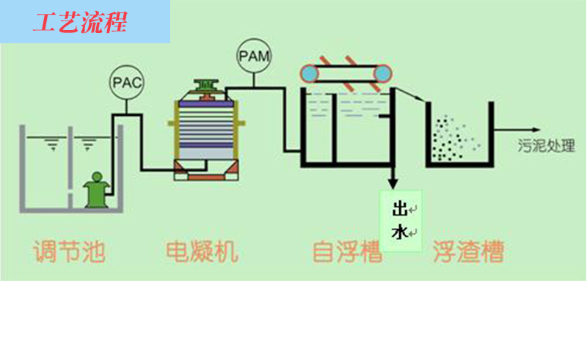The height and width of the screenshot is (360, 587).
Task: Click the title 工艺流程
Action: (x=80, y=23)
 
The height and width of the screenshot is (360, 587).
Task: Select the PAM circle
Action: (x=253, y=56)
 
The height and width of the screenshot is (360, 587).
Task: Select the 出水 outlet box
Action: (x=401, y=221)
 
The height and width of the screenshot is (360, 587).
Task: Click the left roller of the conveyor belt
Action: (x=310, y=73)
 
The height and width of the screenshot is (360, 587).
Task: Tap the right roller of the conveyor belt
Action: (x=381, y=73)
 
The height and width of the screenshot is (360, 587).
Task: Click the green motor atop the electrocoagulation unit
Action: (x=205, y=87)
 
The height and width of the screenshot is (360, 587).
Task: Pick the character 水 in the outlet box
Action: (x=399, y=232)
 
